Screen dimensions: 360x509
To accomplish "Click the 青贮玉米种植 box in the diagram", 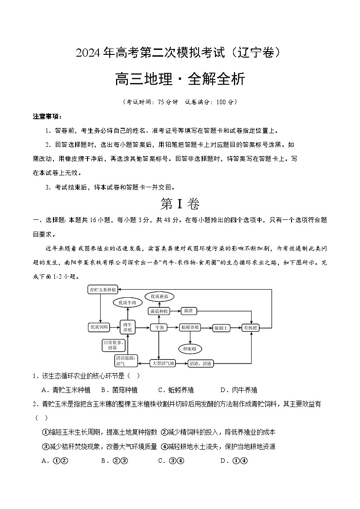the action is (103, 289).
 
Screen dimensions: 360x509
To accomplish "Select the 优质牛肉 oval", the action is (127, 302).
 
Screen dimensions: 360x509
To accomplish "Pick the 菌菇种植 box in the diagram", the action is (159, 311).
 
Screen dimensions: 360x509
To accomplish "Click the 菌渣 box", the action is (188, 311).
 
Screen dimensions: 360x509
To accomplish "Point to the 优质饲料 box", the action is (99, 327).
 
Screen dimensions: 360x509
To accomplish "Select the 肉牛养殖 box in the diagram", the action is (127, 327).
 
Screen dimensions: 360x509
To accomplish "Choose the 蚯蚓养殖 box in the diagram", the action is (190, 327).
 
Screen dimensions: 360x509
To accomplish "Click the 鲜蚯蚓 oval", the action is (190, 348).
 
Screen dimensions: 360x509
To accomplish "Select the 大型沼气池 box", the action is (162, 363).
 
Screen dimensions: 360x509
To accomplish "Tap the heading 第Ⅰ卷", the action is (180, 204).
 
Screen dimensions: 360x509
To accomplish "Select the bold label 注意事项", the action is (43, 116).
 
